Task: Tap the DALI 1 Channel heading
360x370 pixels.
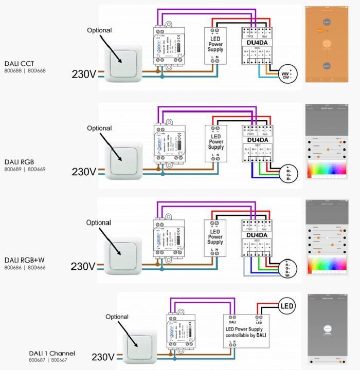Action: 52,353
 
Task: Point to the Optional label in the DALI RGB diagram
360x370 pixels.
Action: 99,128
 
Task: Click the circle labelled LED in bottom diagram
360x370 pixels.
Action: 287,307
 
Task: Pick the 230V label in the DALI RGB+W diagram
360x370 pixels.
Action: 83,266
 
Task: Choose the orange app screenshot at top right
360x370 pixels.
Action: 324,44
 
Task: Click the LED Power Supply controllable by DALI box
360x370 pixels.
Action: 244,331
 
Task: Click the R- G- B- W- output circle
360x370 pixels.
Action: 287,268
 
